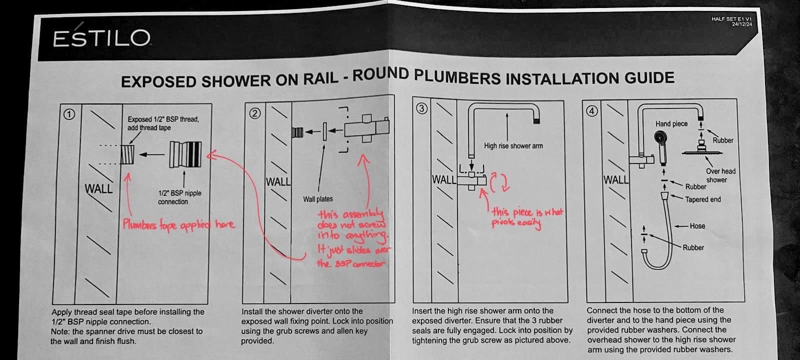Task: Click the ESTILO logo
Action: click(101, 38)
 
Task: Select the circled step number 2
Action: click(255, 113)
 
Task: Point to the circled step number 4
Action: click(592, 111)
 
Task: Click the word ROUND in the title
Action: click(380, 76)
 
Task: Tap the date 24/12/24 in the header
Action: click(741, 24)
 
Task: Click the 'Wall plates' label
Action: click(317, 199)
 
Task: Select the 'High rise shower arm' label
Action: click(513, 146)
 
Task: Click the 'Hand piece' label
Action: click(671, 123)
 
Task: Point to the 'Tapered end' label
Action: click(702, 199)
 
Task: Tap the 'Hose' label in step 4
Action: click(697, 226)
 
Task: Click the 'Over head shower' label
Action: click(720, 175)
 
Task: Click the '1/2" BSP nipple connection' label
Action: click(179, 197)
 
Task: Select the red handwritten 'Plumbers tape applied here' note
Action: click(178, 224)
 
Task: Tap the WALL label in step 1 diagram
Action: click(98, 189)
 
